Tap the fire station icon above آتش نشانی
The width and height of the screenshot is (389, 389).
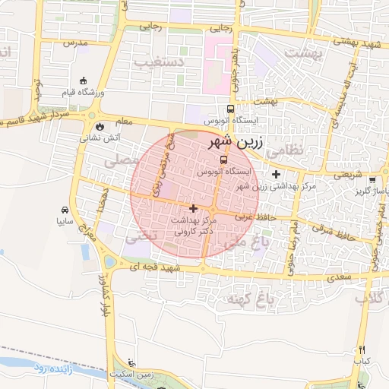99,127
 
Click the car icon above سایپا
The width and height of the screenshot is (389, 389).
65,210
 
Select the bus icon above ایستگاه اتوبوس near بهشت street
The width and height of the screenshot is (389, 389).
230,109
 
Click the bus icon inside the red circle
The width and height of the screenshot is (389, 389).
223,160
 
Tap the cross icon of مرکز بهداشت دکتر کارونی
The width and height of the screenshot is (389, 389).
193,207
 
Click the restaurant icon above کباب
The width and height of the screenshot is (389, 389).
362,349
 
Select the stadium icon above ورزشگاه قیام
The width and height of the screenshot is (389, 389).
83,81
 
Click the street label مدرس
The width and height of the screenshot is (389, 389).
77,43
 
